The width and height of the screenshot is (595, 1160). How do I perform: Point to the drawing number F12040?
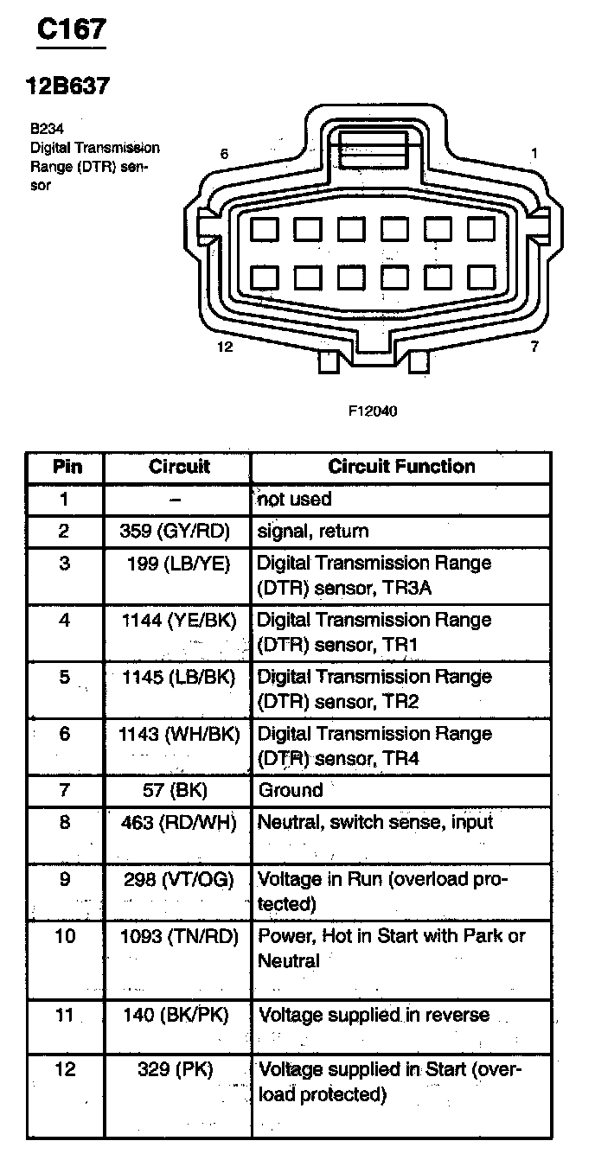click(x=373, y=411)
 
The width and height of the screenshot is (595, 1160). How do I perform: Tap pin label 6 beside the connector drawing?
click(x=224, y=154)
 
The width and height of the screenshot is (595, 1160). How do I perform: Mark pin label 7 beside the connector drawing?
click(x=534, y=347)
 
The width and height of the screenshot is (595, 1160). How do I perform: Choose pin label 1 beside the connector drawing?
click(x=534, y=153)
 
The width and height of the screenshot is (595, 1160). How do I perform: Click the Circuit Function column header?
click(x=401, y=467)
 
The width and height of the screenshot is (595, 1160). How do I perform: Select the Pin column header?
click(x=67, y=467)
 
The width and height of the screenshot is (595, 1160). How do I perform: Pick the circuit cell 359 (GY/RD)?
click(x=178, y=531)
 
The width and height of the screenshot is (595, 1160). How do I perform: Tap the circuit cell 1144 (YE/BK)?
click(x=178, y=620)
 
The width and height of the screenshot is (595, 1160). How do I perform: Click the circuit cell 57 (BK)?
click(x=176, y=790)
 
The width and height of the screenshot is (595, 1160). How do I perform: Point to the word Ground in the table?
click(x=291, y=790)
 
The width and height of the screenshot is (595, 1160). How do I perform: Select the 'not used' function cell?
click(x=294, y=499)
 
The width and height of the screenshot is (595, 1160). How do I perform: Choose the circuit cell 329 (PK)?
click(x=176, y=1070)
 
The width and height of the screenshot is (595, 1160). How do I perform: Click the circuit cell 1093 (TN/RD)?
click(x=178, y=936)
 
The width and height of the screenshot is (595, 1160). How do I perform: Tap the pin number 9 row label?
click(x=66, y=880)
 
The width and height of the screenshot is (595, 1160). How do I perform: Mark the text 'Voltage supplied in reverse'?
click(x=374, y=1015)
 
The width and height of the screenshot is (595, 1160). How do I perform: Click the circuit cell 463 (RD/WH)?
click(x=178, y=822)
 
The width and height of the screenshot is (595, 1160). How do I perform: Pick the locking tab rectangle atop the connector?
click(x=374, y=149)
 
